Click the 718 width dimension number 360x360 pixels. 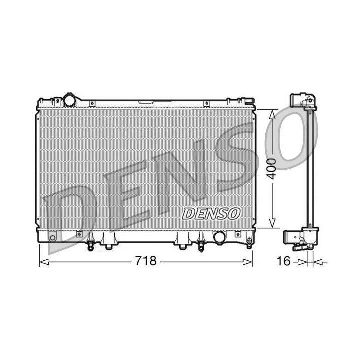(x=146, y=261)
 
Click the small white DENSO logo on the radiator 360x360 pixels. (x=211, y=213)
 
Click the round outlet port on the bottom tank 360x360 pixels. (x=219, y=237)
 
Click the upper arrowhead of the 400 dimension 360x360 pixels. (x=271, y=114)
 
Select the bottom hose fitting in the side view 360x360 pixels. (x=300, y=238)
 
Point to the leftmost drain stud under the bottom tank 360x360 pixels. (x=90, y=245)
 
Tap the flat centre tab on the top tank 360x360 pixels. (x=146, y=102)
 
